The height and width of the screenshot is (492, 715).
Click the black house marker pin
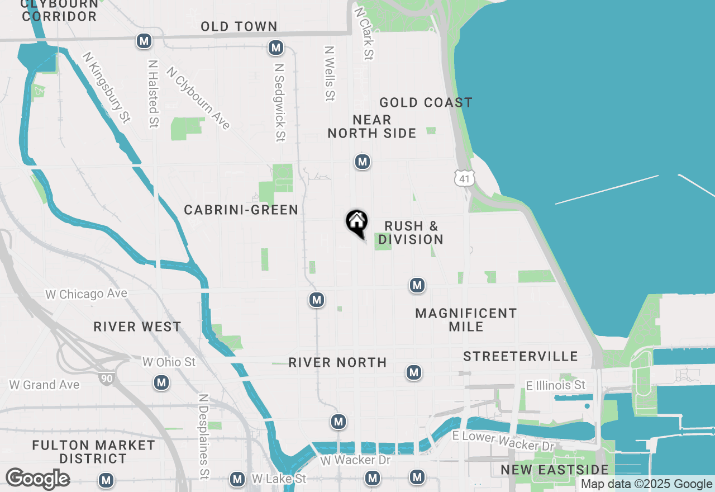coord(356,223)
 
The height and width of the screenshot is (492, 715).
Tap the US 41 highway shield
coord(465,178)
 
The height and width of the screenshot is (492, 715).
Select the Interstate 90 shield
coord(106,378)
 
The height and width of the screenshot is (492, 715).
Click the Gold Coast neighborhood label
coord(426,102)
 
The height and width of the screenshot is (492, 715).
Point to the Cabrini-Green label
coord(241,210)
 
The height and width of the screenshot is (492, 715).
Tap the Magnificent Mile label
coord(466,320)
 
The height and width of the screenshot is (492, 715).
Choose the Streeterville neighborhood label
coord(520,356)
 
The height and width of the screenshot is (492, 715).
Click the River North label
coord(337,362)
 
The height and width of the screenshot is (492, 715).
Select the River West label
coord(137,327)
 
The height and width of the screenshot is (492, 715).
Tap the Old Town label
coord(239,26)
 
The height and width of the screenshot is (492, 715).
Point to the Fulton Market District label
coord(93,452)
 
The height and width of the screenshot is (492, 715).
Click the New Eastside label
coord(554,470)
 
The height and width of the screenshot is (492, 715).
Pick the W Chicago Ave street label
coord(87,294)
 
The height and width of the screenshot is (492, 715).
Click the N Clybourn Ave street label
coord(198,98)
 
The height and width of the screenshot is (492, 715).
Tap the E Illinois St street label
coord(555,385)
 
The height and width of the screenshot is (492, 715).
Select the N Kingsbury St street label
coord(106,87)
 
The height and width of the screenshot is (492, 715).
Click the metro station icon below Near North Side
coord(363,162)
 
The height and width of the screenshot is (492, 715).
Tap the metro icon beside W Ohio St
coord(161,382)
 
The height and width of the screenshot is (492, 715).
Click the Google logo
coord(37,479)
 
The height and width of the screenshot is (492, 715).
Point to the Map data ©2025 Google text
coord(646,484)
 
